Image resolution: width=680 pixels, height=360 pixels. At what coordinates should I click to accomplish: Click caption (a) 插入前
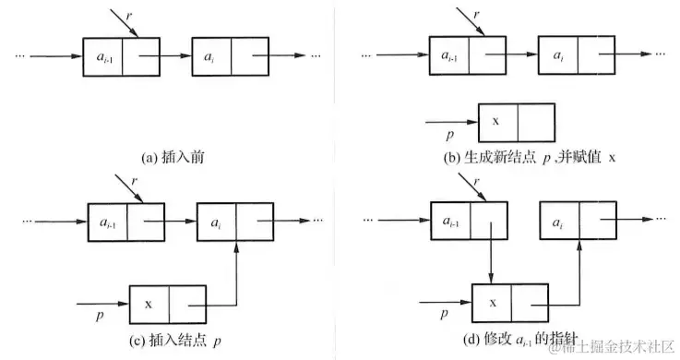[172, 157]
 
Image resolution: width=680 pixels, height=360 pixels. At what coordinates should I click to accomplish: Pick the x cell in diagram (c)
[148, 301]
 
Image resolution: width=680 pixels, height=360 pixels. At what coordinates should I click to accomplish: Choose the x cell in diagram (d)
[491, 301]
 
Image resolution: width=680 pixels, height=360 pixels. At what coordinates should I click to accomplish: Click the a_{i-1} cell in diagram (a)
[102, 57]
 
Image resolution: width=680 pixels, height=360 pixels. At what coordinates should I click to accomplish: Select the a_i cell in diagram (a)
[210, 57]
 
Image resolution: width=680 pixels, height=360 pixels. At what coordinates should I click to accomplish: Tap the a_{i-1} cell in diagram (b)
[448, 55]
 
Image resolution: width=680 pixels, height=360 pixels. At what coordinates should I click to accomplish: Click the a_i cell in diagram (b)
[556, 55]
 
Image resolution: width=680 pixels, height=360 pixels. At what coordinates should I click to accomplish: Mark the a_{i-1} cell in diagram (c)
[106, 222]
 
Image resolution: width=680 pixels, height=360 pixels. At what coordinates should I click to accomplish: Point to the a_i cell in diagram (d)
[558, 222]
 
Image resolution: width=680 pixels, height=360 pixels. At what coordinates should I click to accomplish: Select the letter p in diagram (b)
[452, 134]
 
